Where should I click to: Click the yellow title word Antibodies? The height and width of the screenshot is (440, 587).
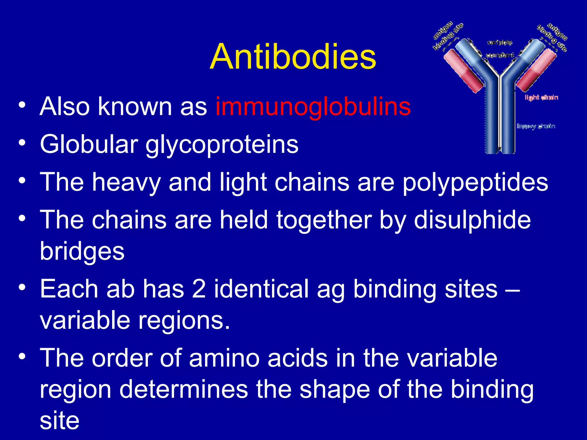point(293,56)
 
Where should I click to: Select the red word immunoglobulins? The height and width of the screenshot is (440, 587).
point(313,107)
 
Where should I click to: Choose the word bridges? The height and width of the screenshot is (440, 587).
point(82,252)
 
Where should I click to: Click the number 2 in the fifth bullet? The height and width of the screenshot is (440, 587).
point(199,289)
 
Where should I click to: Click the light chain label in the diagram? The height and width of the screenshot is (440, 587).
point(541,97)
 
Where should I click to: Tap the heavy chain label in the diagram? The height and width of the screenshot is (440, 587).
point(536,126)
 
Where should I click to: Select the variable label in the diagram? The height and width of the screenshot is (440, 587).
point(499,42)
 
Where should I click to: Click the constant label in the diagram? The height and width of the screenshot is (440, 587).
point(500,55)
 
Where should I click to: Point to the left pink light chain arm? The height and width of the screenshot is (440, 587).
point(463,70)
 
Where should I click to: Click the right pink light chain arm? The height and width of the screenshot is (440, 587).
point(536,70)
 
